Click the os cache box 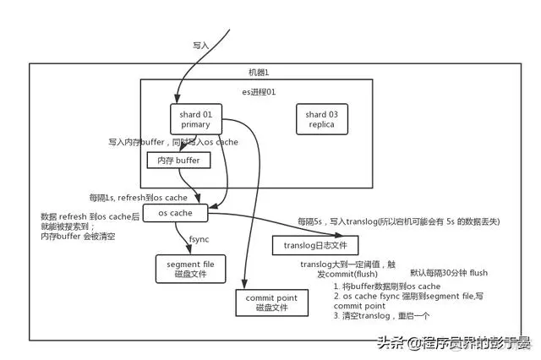(176, 213)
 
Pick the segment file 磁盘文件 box (184, 269)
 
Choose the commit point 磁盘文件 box (267, 303)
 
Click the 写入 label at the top (199, 43)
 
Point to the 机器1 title (257, 74)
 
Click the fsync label (199, 239)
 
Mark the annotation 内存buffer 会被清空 (79, 238)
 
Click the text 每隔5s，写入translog (347, 221)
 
